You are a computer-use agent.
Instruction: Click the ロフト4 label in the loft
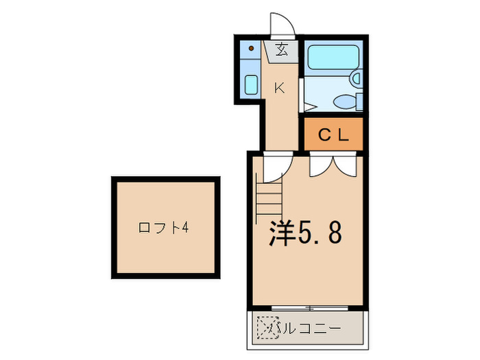[163, 227]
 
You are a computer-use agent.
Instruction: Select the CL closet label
[335, 136]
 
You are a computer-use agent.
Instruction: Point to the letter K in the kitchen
[279, 87]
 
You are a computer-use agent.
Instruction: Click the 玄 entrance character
[282, 49]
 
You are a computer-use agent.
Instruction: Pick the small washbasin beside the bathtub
[355, 78]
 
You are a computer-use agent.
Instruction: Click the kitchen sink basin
[251, 86]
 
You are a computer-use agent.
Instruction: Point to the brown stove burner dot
[252, 49]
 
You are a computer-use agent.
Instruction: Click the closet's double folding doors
[333, 165]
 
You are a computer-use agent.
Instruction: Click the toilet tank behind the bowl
[360, 101]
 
